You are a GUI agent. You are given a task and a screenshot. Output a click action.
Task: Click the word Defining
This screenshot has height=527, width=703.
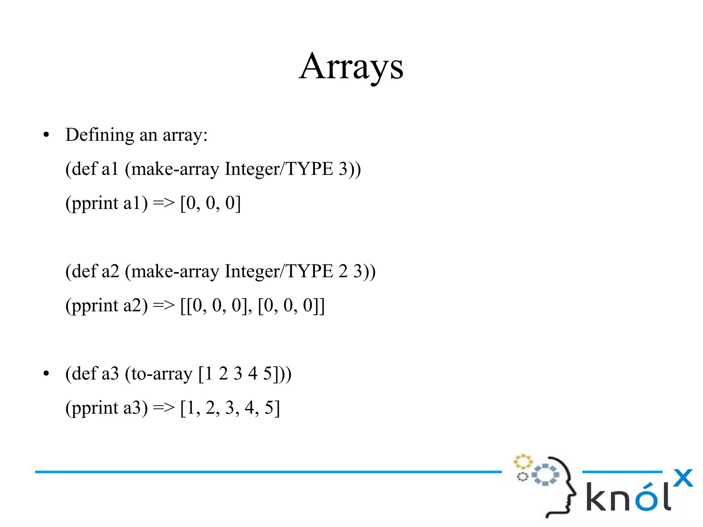pos(100,135)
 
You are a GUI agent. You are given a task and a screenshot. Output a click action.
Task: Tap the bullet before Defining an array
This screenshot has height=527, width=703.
pos(46,135)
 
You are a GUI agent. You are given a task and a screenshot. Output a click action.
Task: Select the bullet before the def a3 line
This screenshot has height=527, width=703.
pos(46,374)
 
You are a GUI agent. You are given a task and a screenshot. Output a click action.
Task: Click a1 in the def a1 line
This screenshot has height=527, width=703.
pos(110,169)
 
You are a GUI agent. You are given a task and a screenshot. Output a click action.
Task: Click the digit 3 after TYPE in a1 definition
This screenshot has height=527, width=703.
pos(343,169)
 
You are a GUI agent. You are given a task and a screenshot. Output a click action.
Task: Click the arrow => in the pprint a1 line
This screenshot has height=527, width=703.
pos(163,203)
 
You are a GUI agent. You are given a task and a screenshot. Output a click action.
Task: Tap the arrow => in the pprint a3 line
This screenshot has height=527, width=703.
pos(163,408)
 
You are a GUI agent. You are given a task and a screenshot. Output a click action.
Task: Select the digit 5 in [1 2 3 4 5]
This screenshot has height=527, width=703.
pos(267,374)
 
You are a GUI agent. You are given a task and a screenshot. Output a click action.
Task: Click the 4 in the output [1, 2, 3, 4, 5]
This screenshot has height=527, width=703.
pos(250,408)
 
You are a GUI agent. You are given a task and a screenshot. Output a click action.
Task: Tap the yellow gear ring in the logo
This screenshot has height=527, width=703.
pos(523,462)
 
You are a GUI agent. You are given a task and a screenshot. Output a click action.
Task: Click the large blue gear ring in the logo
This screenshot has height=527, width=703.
pos(545,475)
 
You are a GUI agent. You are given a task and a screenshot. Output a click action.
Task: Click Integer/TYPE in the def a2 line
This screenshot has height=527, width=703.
pos(279,271)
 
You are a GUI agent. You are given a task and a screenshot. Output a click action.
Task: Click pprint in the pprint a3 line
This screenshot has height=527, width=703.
pos(95,409)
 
